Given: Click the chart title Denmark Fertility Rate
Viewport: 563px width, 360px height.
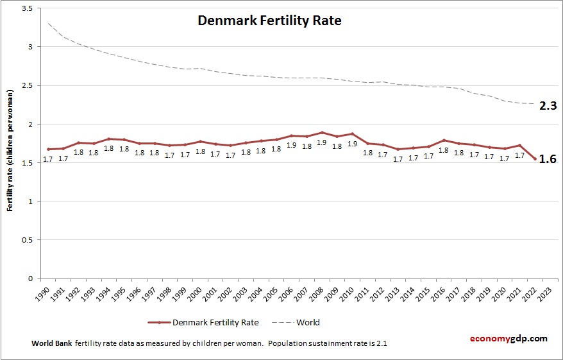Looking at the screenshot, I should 269,21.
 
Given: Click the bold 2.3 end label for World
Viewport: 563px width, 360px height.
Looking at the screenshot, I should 547,107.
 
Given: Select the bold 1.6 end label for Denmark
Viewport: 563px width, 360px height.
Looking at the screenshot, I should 547,160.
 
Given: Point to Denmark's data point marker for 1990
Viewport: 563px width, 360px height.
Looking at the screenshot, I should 49,149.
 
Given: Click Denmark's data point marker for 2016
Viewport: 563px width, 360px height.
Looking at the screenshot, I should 442,140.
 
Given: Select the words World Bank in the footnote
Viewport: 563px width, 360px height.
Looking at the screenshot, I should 51,343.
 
